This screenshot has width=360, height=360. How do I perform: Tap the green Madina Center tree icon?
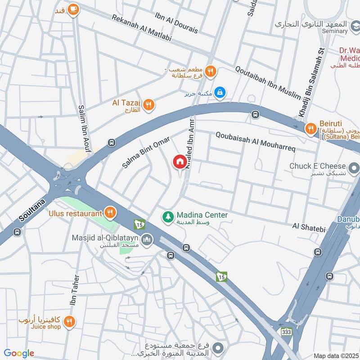pos(167,217)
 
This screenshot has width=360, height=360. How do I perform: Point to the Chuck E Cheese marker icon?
pos(354,169)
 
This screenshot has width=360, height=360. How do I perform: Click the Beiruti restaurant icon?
pos(310,130)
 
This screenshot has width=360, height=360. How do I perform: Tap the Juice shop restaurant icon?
pos(69,321)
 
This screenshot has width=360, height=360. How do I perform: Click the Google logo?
pos(19,353)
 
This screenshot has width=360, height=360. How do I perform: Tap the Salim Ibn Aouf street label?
pos(82,125)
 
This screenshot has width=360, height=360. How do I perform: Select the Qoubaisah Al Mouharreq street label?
pos(255,141)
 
